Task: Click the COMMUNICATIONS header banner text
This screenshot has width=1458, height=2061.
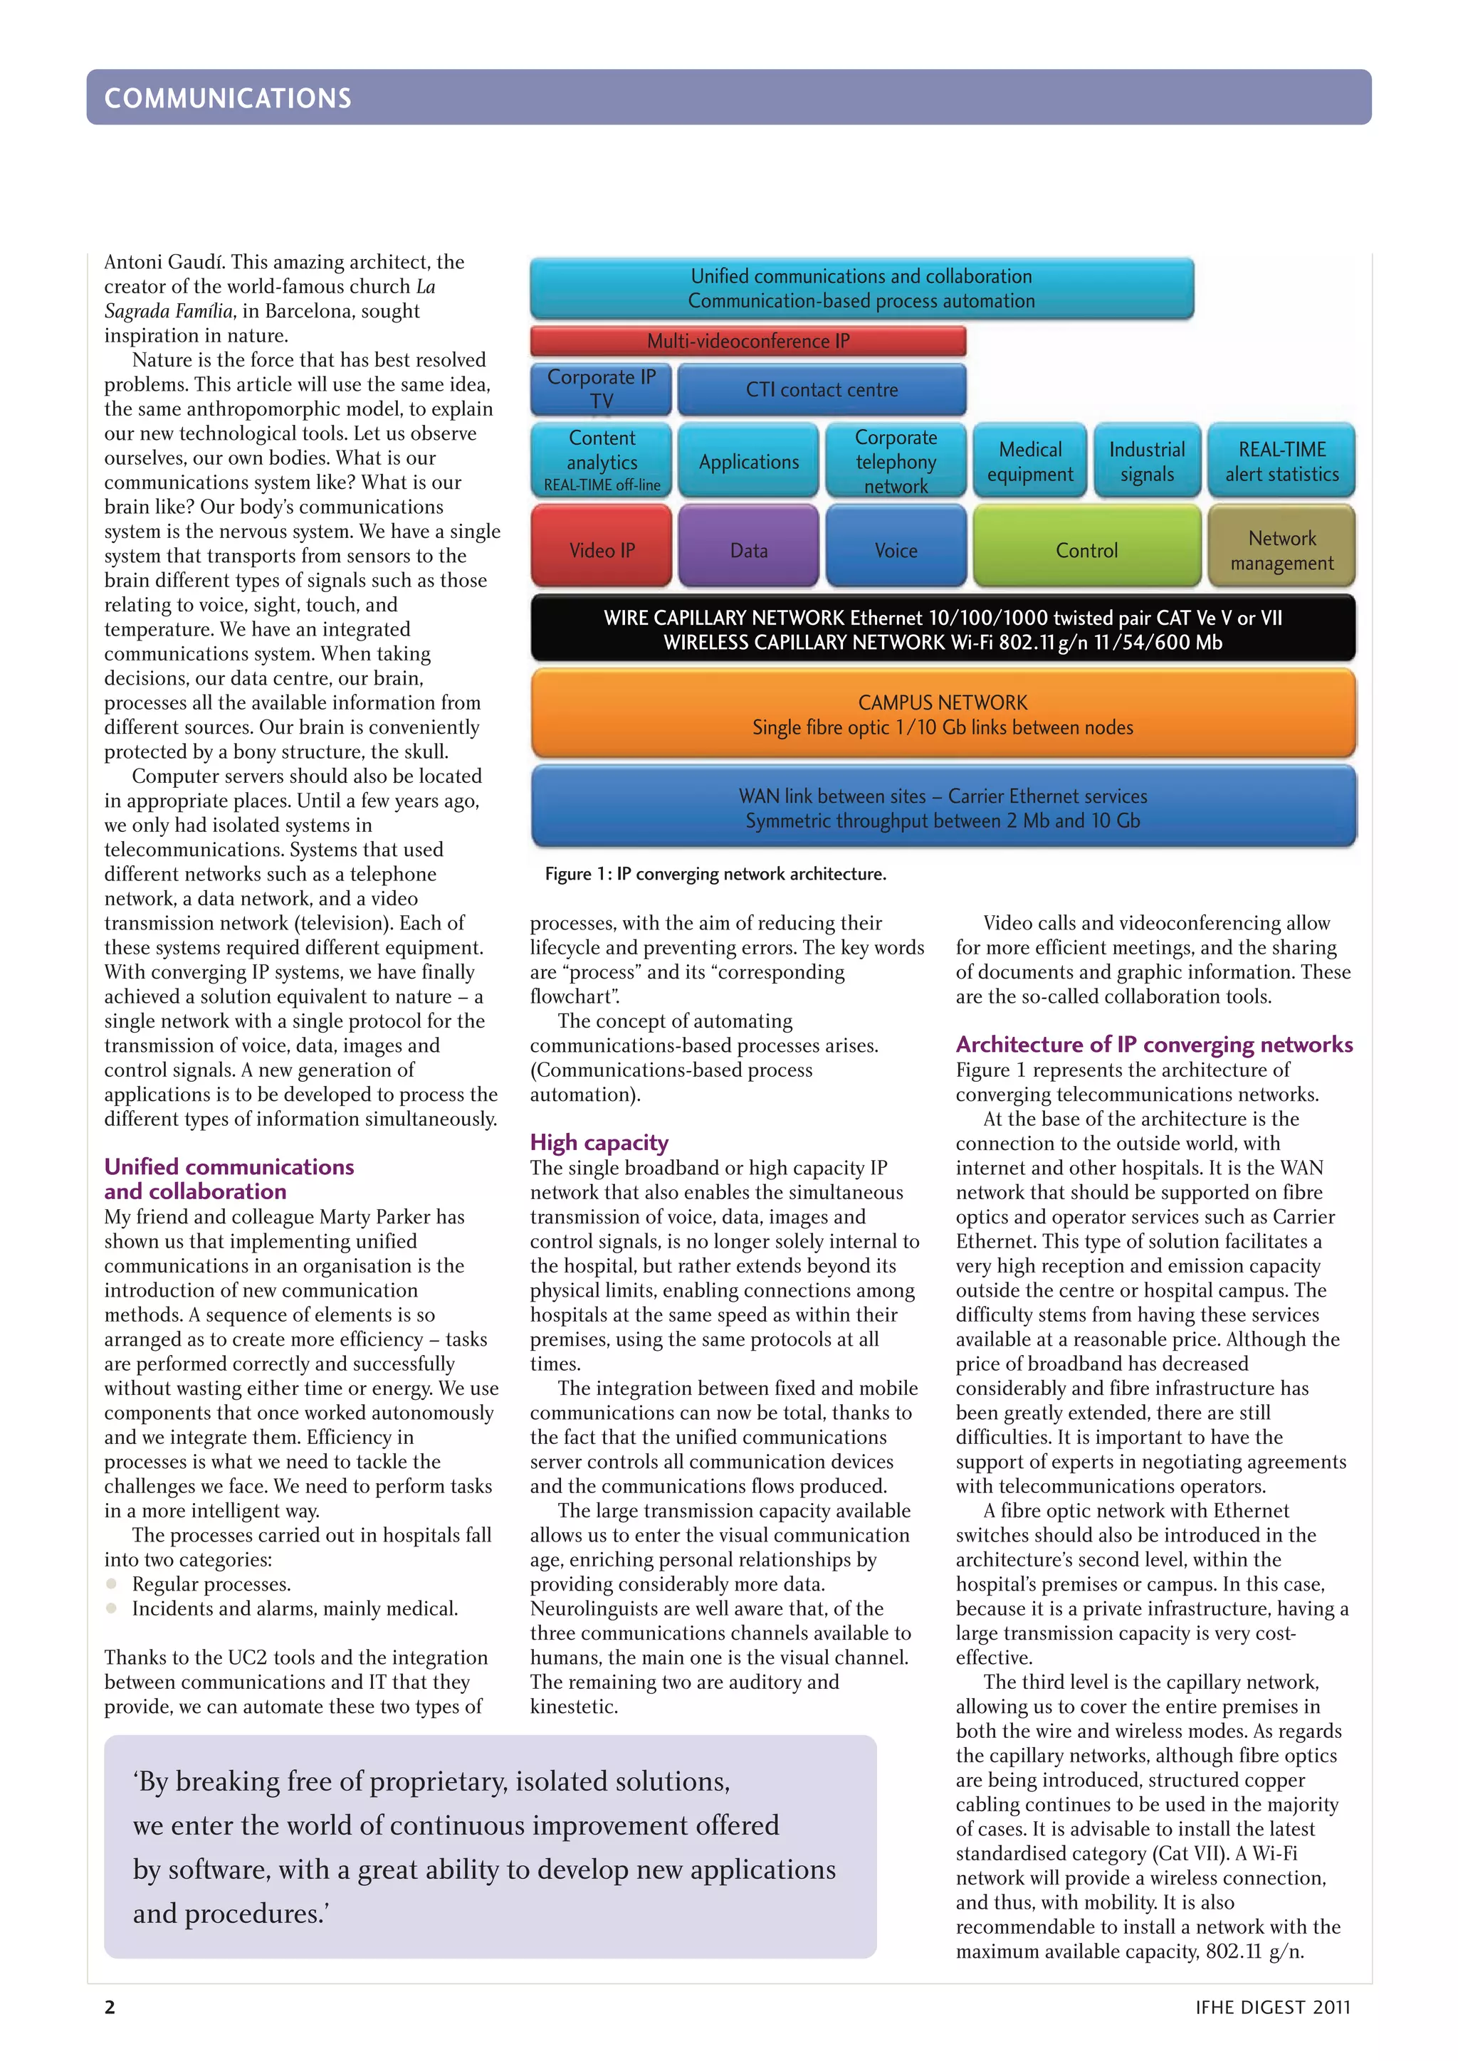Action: pyautogui.click(x=228, y=97)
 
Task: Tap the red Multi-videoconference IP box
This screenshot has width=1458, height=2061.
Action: pyautogui.click(x=748, y=341)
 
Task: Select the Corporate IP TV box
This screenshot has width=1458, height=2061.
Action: pyautogui.click(x=601, y=389)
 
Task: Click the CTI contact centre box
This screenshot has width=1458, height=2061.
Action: pyautogui.click(x=822, y=389)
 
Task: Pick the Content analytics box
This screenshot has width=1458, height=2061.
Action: pyautogui.click(x=601, y=460)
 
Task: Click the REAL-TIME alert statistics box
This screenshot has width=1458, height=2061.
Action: pyautogui.click(x=1281, y=461)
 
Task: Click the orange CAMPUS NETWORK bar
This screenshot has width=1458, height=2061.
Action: pyautogui.click(x=943, y=715)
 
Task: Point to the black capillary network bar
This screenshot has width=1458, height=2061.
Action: pyautogui.click(x=943, y=629)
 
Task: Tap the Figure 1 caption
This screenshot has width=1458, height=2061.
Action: pyautogui.click(x=715, y=873)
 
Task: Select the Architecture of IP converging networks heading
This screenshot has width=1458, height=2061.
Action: pyautogui.click(x=1153, y=1044)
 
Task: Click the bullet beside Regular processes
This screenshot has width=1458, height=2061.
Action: pyautogui.click(x=111, y=1583)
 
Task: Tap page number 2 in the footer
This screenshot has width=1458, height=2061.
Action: pyautogui.click(x=110, y=2007)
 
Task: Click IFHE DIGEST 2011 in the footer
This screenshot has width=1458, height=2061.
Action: pyautogui.click(x=1272, y=2007)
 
